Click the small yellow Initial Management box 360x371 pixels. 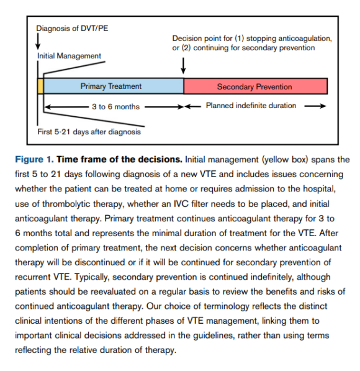coord(41,86)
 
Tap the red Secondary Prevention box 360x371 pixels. coord(255,86)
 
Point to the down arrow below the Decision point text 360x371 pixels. coord(183,65)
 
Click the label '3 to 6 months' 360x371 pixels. coord(115,106)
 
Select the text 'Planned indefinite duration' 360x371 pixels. coord(251,106)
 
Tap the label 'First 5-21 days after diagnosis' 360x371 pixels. coord(89,131)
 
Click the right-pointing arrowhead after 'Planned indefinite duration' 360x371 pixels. coord(323,106)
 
